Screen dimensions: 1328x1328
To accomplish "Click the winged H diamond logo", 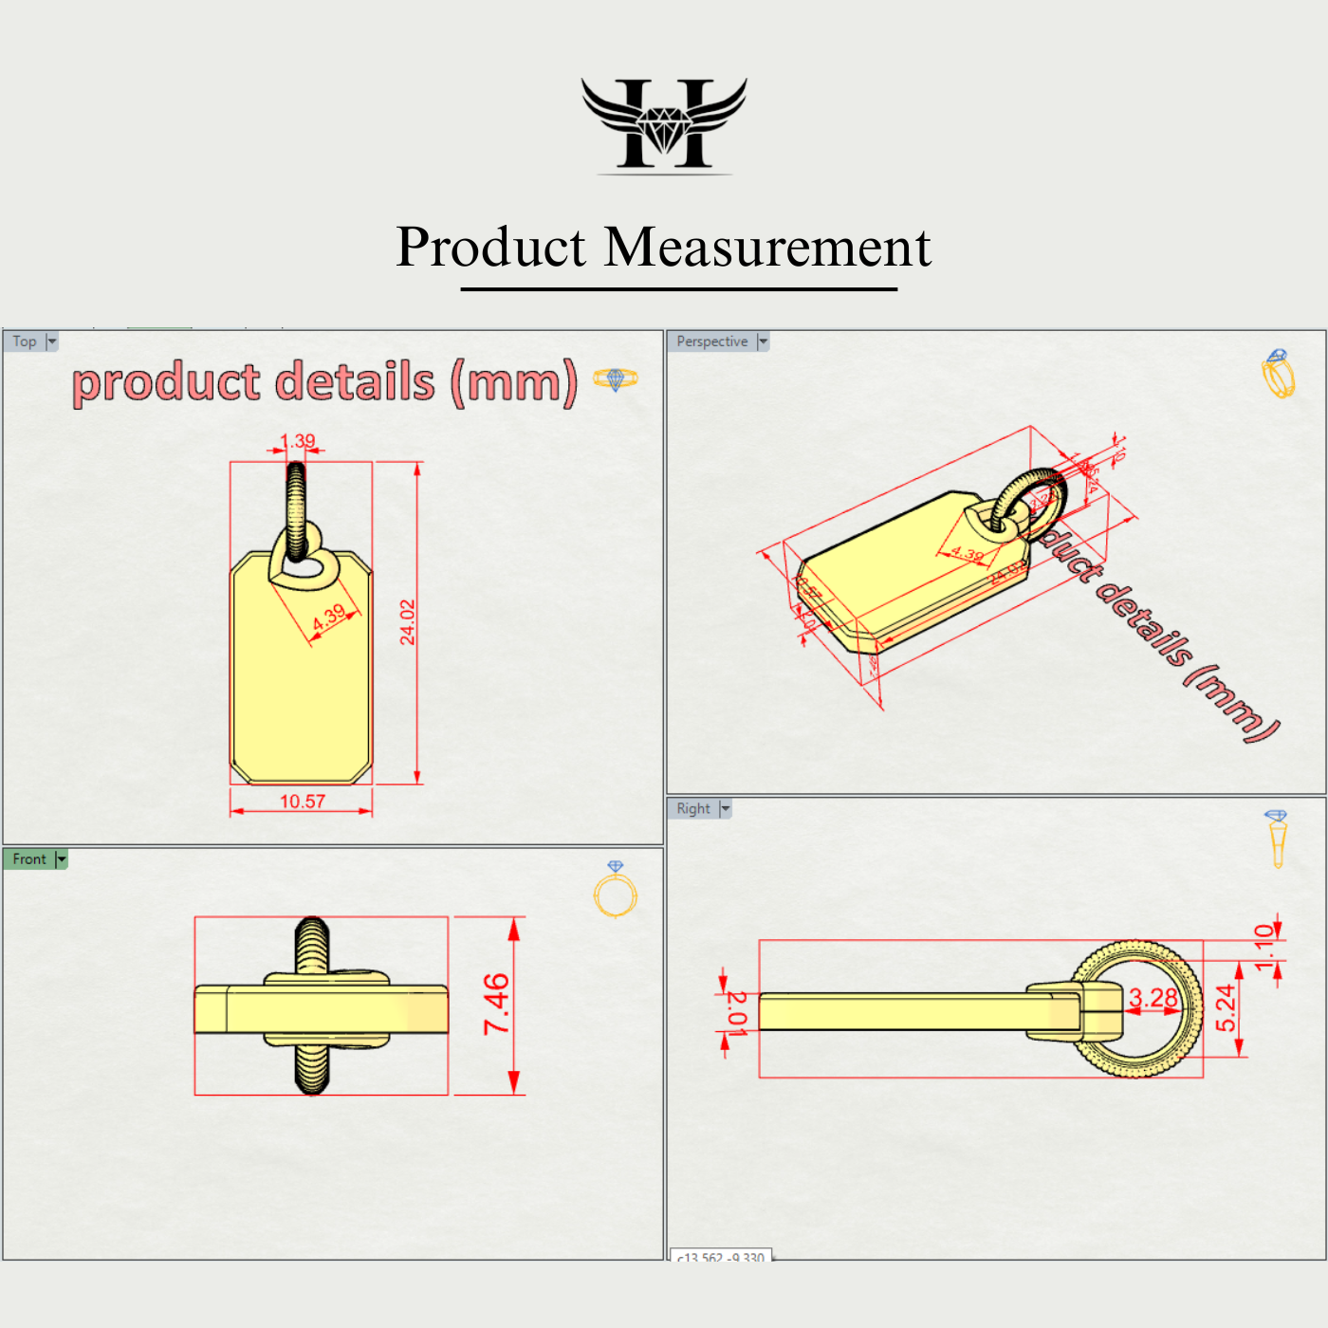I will pyautogui.click(x=664, y=124).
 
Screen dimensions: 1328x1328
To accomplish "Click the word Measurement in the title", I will pyautogui.click(x=767, y=248).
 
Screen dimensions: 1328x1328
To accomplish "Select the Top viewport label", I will pyautogui.click(x=25, y=341).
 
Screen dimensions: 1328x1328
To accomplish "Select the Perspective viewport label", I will pyautogui.click(x=711, y=341).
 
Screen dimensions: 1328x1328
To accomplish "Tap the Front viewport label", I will pyautogui.click(x=29, y=859).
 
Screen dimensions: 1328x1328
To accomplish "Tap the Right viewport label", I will pyautogui.click(x=693, y=809).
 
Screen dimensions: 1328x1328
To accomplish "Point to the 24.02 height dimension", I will pyautogui.click(x=408, y=622).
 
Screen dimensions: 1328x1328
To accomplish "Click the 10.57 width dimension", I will pyautogui.click(x=303, y=802).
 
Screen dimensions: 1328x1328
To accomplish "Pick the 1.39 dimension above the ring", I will pyautogui.click(x=299, y=441).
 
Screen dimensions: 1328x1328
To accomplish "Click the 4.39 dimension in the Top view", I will pyautogui.click(x=330, y=618).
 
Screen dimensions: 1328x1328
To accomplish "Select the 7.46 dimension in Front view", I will pyautogui.click(x=497, y=1004).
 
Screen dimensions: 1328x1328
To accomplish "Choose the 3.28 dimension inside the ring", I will pyautogui.click(x=1153, y=998).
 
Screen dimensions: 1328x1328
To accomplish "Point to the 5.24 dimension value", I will pyautogui.click(x=1226, y=1007).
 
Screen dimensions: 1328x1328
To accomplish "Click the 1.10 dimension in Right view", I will pyautogui.click(x=1264, y=947).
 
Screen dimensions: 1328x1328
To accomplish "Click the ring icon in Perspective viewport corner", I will pyautogui.click(x=1278, y=374).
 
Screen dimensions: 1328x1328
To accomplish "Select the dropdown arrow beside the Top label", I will pyautogui.click(x=52, y=341).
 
